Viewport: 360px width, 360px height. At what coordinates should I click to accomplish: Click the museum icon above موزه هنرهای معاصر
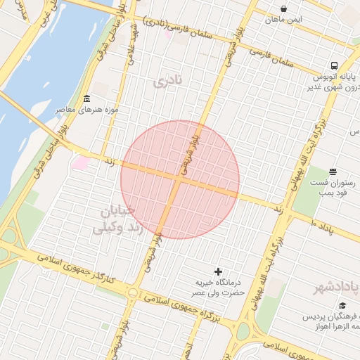[86, 98]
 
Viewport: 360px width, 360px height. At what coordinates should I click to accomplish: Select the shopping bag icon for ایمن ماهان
[283, 8]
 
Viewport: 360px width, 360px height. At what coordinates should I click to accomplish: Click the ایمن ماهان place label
[283, 20]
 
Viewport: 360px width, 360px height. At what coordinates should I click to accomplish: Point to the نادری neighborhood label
[167, 82]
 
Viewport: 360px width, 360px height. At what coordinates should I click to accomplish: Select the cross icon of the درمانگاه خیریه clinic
[218, 271]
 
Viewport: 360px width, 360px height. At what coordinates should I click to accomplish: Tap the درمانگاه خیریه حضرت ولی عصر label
[219, 287]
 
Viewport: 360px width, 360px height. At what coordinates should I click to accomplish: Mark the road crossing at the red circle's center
[179, 180]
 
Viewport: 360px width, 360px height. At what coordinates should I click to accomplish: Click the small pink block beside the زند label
[81, 163]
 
